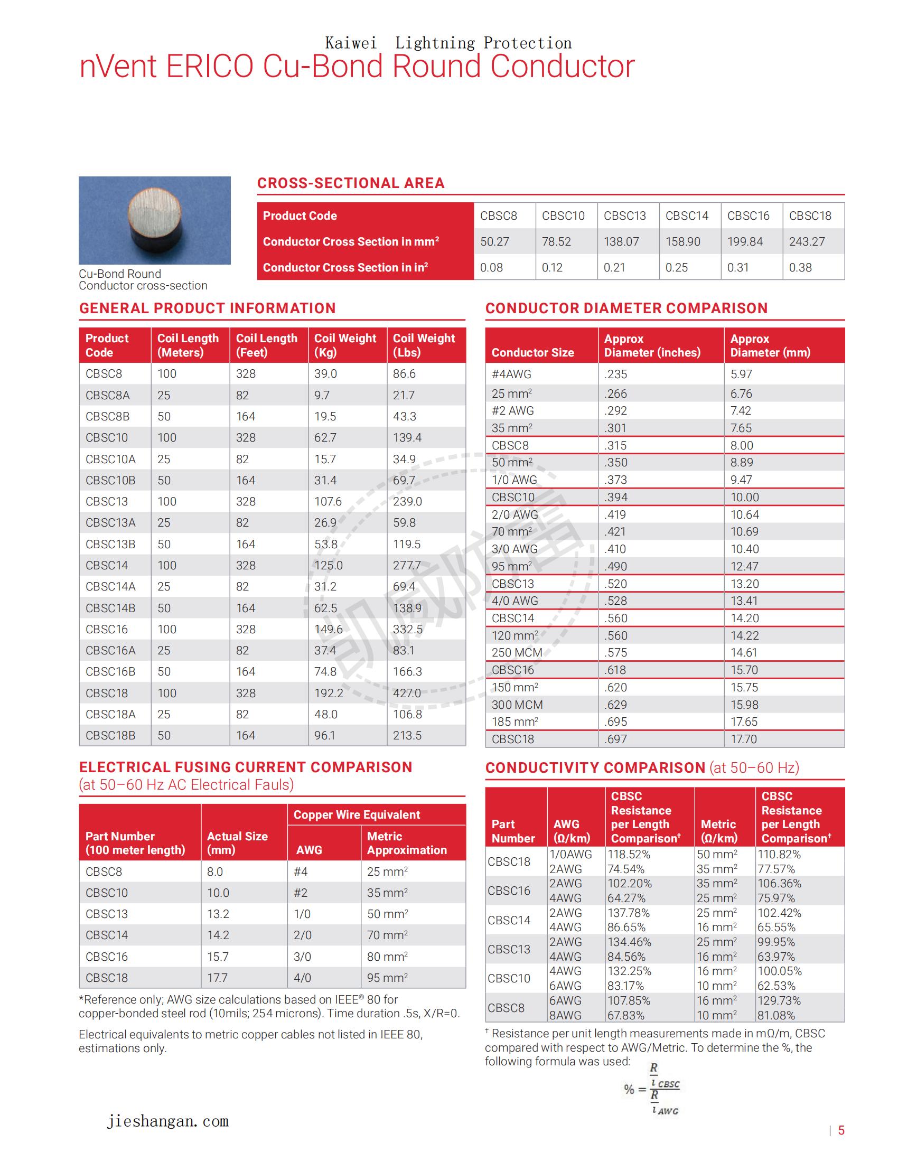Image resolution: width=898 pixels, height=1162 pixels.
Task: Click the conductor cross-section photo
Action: [x=154, y=220]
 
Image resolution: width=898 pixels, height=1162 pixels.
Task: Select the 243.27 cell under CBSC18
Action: [x=807, y=241]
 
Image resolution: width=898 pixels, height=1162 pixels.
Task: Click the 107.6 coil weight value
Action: [x=328, y=501]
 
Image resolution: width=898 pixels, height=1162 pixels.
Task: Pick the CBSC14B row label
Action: [x=110, y=607]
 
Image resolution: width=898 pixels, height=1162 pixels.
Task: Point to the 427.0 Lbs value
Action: [x=407, y=693]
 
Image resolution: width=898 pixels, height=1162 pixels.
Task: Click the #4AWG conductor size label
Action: [x=511, y=374]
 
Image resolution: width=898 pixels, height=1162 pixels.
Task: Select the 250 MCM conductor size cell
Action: [x=517, y=652]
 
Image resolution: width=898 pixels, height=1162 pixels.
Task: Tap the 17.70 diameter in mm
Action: [x=743, y=739]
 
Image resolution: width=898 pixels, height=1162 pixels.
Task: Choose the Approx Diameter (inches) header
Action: [x=652, y=345]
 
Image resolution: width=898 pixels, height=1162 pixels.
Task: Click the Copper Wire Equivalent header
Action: [x=357, y=814]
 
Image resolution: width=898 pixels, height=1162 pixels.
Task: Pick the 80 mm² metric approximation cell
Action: [x=387, y=957]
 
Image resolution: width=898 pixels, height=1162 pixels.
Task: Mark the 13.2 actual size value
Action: [x=218, y=914]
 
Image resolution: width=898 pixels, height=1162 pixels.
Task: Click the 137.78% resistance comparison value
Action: [x=629, y=913]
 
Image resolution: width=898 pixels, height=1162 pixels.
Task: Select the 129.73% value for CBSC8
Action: [x=779, y=1001]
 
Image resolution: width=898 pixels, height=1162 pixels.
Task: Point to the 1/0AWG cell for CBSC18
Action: [x=570, y=855]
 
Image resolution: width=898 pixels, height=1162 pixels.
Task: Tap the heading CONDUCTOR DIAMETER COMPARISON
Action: [x=626, y=308]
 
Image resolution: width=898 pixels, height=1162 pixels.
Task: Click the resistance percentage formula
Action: [x=653, y=1089]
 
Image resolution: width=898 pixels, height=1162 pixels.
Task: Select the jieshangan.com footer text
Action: [x=167, y=1121]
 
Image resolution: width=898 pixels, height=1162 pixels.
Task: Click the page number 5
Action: [x=841, y=1130]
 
